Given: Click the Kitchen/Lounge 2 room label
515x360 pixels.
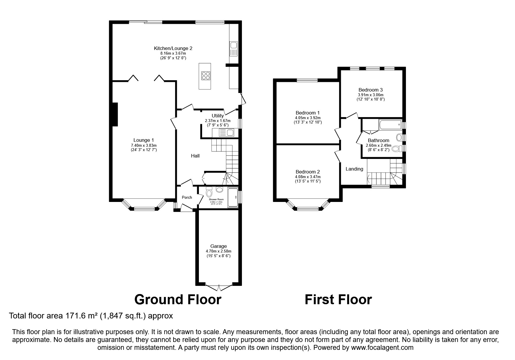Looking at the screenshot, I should pyautogui.click(x=173, y=48).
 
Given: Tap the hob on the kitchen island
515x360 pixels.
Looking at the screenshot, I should pyautogui.click(x=205, y=76).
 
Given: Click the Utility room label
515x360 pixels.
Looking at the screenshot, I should pyautogui.click(x=218, y=116).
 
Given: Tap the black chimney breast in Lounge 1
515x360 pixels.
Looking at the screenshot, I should pyautogui.click(x=115, y=114).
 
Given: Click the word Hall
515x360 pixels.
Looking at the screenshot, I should pyautogui.click(x=195, y=156).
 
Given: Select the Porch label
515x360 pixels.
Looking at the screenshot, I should pyautogui.click(x=187, y=197).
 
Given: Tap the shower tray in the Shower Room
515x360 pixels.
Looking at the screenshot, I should pyautogui.click(x=233, y=198).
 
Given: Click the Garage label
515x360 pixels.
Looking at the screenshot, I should pyautogui.click(x=218, y=246).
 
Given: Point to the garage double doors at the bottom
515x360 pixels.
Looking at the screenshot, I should pyautogui.click(x=219, y=287).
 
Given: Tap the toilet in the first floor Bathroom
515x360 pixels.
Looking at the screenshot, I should pyautogui.click(x=395, y=149).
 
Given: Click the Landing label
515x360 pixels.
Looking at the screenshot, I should pyautogui.click(x=354, y=169).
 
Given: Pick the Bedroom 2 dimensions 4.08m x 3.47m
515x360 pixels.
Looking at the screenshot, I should pyautogui.click(x=308, y=177).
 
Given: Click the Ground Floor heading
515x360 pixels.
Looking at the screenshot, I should pyautogui.click(x=178, y=299).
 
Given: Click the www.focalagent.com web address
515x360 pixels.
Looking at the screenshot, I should pyautogui.click(x=382, y=348).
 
